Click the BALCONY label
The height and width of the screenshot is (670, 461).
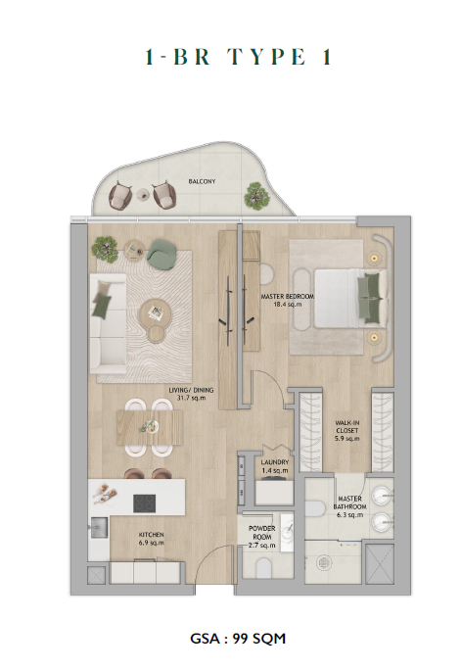pyautogui.click(x=202, y=181)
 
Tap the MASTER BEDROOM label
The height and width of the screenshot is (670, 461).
pyautogui.click(x=288, y=296)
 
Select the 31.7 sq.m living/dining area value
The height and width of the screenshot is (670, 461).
pyautogui.click(x=191, y=398)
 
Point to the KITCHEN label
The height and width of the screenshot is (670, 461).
pyautogui.click(x=151, y=535)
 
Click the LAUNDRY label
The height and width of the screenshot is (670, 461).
pyautogui.click(x=275, y=462)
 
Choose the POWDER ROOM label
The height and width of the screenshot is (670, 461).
pyautogui.click(x=262, y=533)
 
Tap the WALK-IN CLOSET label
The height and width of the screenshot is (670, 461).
pyautogui.click(x=347, y=426)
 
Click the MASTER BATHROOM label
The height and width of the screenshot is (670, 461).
pyautogui.click(x=350, y=502)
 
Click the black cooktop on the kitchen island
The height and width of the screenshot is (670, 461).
pyautogui.click(x=144, y=503)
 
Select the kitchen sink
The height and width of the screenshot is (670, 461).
pyautogui.click(x=99, y=527)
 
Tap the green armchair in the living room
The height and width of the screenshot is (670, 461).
pyautogui.click(x=162, y=255)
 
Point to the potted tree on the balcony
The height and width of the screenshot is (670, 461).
pyautogui.click(x=256, y=197)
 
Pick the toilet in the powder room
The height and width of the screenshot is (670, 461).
pyautogui.click(x=264, y=569)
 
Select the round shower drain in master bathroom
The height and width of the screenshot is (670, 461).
pyautogui.click(x=324, y=563)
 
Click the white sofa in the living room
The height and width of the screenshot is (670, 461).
pyautogui.click(x=108, y=324)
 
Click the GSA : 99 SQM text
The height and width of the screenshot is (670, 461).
pyautogui.click(x=238, y=639)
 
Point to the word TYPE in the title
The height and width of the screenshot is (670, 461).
pyautogui.click(x=267, y=57)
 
